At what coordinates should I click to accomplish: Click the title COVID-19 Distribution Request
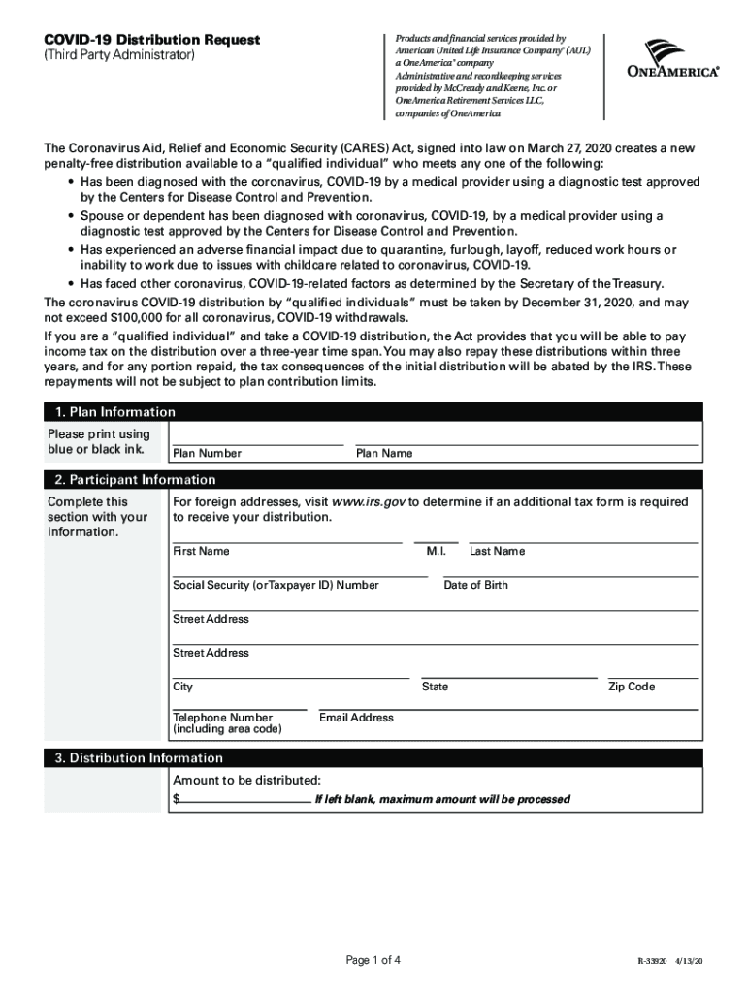tap(151, 40)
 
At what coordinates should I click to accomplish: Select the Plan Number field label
tap(207, 453)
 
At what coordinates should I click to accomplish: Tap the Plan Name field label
tap(384, 453)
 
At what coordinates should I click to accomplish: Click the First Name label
tap(201, 551)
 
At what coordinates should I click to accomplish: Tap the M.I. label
tap(436, 551)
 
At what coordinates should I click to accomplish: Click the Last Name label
tap(497, 551)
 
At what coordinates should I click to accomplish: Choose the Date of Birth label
tap(475, 585)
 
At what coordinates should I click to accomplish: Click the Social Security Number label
tap(276, 585)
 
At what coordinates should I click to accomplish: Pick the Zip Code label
tap(632, 687)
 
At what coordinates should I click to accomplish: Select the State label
tap(435, 687)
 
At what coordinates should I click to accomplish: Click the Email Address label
tap(356, 718)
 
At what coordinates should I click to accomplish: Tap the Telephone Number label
tap(222, 719)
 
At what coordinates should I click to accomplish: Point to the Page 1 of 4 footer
tap(373, 961)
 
